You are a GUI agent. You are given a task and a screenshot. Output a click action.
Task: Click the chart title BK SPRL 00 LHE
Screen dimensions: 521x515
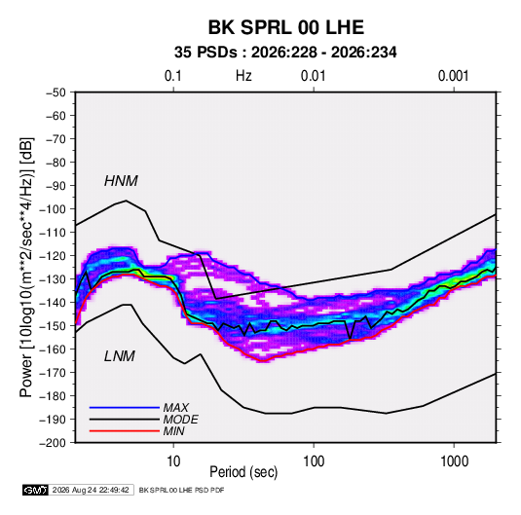pyautogui.click(x=286, y=27)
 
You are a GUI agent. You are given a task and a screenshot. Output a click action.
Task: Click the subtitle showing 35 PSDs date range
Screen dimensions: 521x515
pyautogui.click(x=285, y=53)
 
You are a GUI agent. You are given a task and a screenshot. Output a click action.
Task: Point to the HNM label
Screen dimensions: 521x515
pyautogui.click(x=121, y=181)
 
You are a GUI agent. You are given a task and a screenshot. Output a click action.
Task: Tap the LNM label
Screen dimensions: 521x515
pyautogui.click(x=120, y=356)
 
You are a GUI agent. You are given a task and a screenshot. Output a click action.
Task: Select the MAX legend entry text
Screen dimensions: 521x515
pyautogui.click(x=176, y=407)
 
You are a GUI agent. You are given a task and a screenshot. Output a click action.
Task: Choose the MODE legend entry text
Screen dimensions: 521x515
pyautogui.click(x=181, y=420)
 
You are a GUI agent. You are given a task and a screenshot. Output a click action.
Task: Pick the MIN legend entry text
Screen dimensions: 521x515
pyautogui.click(x=173, y=431)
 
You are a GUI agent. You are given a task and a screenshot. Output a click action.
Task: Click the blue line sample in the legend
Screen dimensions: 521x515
pyautogui.click(x=125, y=407)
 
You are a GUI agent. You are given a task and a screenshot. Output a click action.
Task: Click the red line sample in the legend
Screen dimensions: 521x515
pyautogui.click(x=125, y=431)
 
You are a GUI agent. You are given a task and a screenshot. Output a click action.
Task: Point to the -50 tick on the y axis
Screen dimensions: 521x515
pyautogui.click(x=56, y=92)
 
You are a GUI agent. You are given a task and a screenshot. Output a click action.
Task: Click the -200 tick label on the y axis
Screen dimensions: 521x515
pyautogui.click(x=53, y=443)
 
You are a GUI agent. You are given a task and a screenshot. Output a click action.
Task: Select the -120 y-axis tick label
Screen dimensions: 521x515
pyautogui.click(x=53, y=256)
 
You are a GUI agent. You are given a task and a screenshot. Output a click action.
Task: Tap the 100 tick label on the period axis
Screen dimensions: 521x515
pyautogui.click(x=314, y=461)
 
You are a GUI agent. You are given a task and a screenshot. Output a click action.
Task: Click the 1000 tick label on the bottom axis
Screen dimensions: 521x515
pyautogui.click(x=454, y=461)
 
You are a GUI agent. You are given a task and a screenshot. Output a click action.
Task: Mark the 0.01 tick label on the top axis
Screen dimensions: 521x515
pyautogui.click(x=314, y=76)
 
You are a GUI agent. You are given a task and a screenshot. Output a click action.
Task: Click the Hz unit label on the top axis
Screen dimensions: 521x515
pyautogui.click(x=243, y=76)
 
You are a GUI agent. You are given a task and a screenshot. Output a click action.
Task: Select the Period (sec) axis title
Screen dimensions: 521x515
pyautogui.click(x=243, y=472)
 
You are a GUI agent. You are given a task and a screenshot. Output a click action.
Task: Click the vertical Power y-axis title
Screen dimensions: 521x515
pyautogui.click(x=26, y=268)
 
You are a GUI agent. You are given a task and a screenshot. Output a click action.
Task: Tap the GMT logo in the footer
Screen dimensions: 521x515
pyautogui.click(x=36, y=490)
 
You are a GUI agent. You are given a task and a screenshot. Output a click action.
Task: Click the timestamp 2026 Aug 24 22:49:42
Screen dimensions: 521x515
pyautogui.click(x=91, y=490)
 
